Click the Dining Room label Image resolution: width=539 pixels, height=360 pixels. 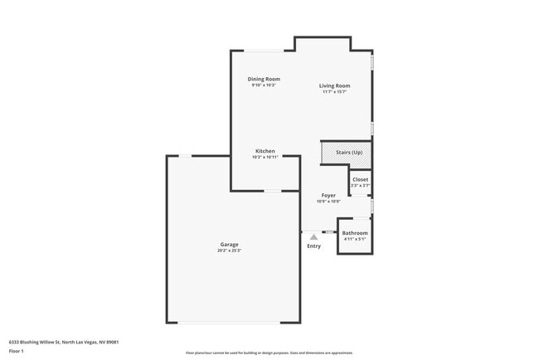[264, 79]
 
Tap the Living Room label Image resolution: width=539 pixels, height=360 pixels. [335, 85]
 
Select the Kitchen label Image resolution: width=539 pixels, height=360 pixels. [265, 151]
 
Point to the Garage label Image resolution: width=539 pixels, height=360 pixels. [230, 244]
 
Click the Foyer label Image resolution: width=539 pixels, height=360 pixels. [328, 196]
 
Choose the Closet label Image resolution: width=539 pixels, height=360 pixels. [360, 179]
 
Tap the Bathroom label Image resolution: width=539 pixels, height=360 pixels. [355, 233]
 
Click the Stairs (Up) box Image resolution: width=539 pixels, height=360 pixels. [345, 153]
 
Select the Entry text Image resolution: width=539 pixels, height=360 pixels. [313, 246]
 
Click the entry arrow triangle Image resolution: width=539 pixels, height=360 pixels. [313, 237]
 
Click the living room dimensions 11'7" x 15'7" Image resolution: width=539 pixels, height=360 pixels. [335, 91]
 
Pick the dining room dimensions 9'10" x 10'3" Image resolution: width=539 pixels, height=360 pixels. [264, 85]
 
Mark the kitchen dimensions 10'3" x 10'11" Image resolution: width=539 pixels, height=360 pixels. [265, 157]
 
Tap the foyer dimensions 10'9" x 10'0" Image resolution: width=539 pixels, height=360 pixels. [328, 202]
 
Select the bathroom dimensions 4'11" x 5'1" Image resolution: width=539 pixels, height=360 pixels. [355, 239]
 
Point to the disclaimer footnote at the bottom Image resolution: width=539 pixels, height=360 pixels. [269, 353]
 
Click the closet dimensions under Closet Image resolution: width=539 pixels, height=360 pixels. [360, 185]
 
